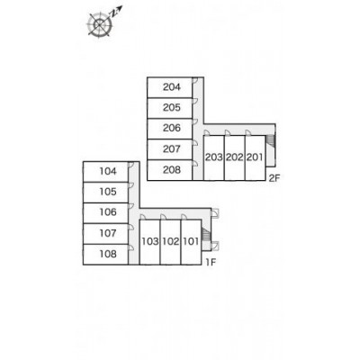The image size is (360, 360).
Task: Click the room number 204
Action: tap(172, 87)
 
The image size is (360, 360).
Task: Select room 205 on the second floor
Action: tap(172, 107)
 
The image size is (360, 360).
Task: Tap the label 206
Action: tap(172, 128)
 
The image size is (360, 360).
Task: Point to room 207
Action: tap(172, 148)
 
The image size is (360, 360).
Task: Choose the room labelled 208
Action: tap(172, 170)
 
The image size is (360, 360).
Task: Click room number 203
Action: tap(214, 157)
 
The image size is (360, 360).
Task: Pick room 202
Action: tap(235, 157)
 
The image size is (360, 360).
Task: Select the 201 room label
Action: tap(255, 157)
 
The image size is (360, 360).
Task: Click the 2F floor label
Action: tap(274, 178)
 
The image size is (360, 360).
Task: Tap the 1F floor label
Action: tap(211, 263)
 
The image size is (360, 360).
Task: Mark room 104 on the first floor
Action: tap(108, 171)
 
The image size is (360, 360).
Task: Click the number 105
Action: tap(108, 192)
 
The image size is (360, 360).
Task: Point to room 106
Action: tap(108, 212)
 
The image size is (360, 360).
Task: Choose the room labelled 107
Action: tap(108, 233)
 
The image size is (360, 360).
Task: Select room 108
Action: tap(108, 254)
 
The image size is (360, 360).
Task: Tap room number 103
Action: tap(150, 241)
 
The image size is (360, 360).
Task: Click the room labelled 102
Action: tap(171, 241)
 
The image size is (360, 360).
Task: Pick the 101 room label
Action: tap(191, 241)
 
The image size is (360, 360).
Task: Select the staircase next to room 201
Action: tap(271, 140)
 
